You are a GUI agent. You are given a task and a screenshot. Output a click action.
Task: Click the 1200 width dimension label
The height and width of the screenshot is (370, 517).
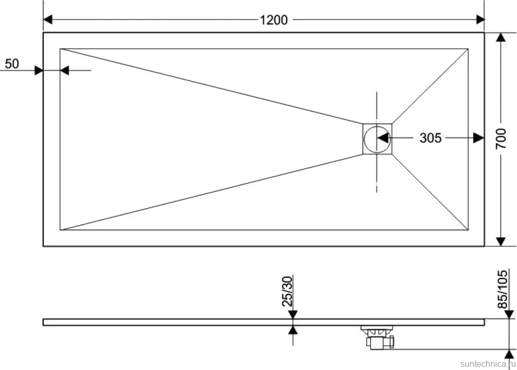click(273, 20)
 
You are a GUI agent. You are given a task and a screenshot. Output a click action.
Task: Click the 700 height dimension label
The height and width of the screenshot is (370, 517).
click(501, 139)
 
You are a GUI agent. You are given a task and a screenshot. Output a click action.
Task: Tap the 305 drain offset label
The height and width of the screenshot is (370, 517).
click(430, 138)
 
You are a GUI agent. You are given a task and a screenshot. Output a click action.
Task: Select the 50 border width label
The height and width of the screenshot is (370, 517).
click(12, 63)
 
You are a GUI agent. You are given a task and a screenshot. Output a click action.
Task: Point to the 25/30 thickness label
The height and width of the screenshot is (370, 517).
click(287, 291)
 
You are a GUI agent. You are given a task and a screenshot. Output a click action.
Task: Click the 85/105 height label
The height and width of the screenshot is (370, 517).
click(502, 289)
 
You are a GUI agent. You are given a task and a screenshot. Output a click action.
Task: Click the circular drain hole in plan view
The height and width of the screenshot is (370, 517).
click(377, 139)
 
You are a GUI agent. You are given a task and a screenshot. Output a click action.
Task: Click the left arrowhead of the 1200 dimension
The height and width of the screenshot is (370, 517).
click(48, 20)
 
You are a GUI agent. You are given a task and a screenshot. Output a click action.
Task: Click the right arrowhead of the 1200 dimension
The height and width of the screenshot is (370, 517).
click(480, 20)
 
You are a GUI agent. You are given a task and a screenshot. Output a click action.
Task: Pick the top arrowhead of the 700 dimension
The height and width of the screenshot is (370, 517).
click(501, 37)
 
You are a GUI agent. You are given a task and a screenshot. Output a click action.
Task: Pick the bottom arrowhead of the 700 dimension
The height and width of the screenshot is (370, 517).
click(501, 242)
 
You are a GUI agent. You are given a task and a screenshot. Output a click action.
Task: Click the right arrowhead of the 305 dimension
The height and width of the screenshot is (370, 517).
click(479, 138)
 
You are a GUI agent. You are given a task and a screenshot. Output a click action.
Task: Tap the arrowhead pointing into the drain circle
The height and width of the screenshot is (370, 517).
click(383, 138)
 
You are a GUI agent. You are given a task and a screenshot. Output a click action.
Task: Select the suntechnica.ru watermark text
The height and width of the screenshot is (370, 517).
click(488, 364)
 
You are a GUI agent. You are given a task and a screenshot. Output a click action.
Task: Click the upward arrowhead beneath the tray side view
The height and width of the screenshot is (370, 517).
click(293, 330)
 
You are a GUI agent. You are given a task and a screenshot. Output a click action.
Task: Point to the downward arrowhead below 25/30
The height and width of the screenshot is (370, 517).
click(293, 314)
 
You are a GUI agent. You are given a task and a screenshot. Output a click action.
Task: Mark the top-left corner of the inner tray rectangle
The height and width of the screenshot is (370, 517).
click(60, 49)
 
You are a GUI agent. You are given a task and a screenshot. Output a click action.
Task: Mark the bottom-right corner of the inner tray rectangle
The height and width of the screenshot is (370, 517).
click(468, 230)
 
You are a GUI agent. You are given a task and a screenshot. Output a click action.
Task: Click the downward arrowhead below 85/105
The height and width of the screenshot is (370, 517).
click(510, 314)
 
